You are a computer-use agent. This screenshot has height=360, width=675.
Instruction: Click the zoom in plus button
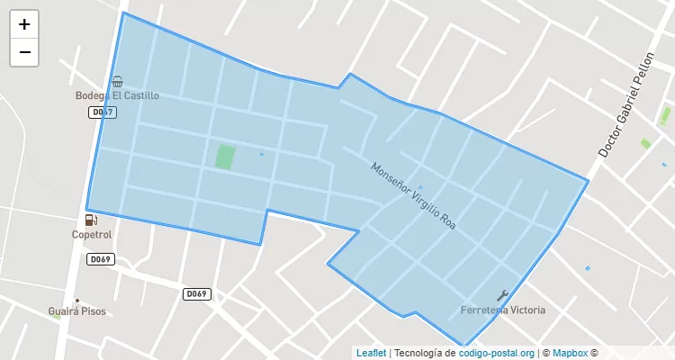(x=24, y=25)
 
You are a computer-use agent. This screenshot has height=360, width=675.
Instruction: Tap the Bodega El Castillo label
(x=117, y=95)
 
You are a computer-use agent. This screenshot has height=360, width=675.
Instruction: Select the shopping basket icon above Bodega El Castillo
(x=117, y=81)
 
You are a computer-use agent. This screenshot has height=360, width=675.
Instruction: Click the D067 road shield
(x=103, y=112)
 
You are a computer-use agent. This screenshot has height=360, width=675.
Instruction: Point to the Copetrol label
(x=92, y=235)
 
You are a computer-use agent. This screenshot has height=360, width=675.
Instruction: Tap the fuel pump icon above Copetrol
(x=90, y=220)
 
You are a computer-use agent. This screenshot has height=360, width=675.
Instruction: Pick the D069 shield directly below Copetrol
(x=100, y=259)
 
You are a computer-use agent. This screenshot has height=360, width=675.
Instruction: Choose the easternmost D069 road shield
(x=196, y=294)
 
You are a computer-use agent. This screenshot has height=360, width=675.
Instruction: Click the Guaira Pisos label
(x=76, y=311)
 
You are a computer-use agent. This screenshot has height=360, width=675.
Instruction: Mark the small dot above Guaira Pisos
(x=77, y=301)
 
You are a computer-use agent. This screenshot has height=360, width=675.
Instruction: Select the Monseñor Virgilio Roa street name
(x=414, y=196)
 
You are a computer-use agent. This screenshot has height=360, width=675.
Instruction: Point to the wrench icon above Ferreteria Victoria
(x=502, y=295)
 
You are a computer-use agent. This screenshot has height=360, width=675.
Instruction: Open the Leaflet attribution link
(x=370, y=353)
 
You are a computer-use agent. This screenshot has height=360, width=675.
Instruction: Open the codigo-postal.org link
(x=497, y=353)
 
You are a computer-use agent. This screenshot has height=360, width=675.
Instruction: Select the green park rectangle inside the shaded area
(x=224, y=156)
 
